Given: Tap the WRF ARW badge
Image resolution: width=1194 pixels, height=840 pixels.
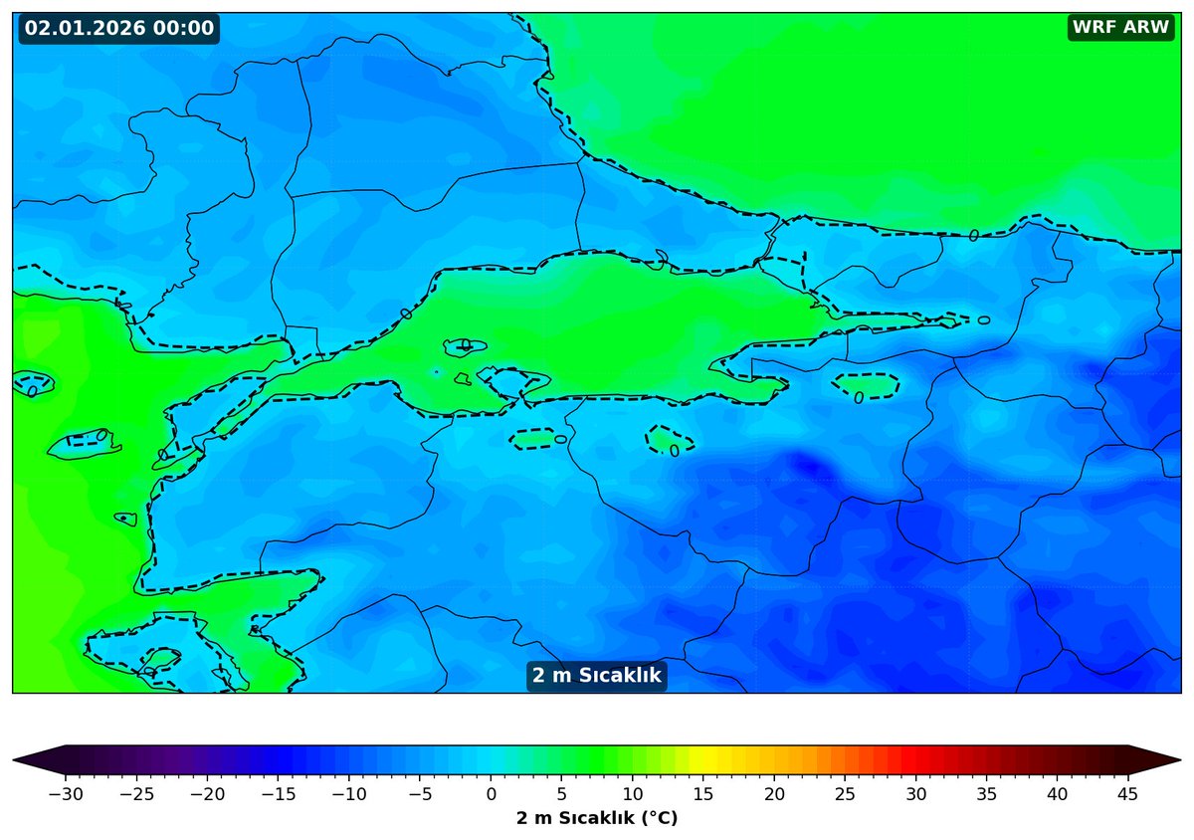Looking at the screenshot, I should (x=1120, y=28).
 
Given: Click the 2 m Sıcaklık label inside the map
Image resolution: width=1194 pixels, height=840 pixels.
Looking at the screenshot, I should (x=597, y=676).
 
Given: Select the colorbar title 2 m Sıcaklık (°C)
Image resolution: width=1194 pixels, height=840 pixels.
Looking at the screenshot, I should (x=597, y=818).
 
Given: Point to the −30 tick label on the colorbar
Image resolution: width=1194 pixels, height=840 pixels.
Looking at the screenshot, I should (x=66, y=794).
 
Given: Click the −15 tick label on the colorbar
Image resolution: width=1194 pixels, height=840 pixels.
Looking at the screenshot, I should (x=279, y=794).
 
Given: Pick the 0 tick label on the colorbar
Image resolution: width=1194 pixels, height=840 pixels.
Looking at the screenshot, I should (x=491, y=794).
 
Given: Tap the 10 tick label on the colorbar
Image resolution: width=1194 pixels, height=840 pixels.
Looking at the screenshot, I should (x=633, y=794).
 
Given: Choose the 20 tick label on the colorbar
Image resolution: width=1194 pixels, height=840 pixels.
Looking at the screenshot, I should (x=774, y=794).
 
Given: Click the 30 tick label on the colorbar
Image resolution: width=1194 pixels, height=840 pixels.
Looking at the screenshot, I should (x=915, y=794).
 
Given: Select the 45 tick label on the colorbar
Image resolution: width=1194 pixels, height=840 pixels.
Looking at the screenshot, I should (x=1128, y=794).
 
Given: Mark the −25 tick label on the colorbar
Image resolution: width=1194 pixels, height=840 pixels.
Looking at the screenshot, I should (x=136, y=794).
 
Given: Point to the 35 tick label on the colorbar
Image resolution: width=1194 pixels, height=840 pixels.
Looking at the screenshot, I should (x=987, y=794).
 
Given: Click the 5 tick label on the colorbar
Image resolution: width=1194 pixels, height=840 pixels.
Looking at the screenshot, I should (x=562, y=794).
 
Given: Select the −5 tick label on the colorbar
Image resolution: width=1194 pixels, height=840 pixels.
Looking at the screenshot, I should (x=420, y=794).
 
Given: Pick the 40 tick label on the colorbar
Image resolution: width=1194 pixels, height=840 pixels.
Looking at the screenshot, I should (x=1058, y=794).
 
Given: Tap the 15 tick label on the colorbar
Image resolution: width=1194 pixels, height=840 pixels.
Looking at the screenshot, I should (x=703, y=794).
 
